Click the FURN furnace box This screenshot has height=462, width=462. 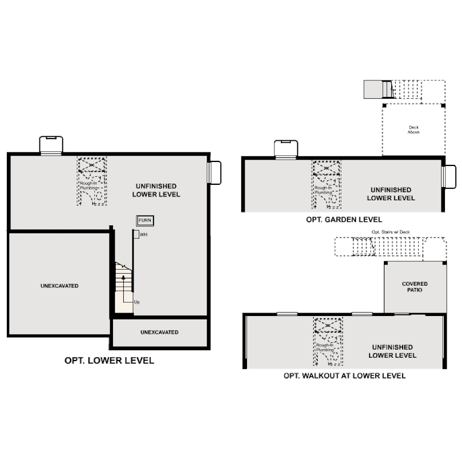(145, 220)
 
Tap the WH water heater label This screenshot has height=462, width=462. (143, 234)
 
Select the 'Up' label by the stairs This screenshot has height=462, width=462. (137, 302)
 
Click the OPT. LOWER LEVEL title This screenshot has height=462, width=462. (109, 360)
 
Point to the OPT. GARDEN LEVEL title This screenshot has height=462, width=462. (344, 220)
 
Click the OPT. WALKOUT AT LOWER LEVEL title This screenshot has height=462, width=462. (345, 375)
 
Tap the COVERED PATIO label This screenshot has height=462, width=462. (415, 287)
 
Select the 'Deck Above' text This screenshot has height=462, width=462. (414, 129)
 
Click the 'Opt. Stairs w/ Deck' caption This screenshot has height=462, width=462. (390, 232)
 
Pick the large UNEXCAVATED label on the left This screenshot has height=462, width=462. (59, 286)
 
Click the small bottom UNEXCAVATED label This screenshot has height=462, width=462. (159, 332)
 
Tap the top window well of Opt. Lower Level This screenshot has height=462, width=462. (51, 145)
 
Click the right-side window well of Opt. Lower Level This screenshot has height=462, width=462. (214, 172)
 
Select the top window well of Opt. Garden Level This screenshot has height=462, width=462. (286, 149)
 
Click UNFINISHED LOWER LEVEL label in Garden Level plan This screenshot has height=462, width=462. (391, 194)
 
